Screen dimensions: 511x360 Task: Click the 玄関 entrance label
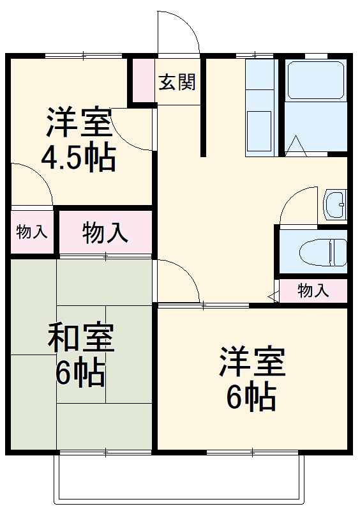[x=177, y=82]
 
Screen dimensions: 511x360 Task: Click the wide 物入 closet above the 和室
[x=105, y=233]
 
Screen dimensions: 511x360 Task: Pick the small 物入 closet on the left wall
[x=31, y=232]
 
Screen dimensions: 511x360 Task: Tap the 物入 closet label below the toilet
[x=313, y=291]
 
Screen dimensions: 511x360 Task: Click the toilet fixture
[x=323, y=250]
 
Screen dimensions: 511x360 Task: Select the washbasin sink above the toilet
[x=334, y=204]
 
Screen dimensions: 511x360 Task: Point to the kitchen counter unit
[x=261, y=109]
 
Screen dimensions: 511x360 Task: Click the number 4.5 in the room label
[x=61, y=158]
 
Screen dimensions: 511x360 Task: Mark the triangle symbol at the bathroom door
[x=296, y=146]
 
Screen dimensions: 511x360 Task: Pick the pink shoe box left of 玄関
[x=142, y=81]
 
